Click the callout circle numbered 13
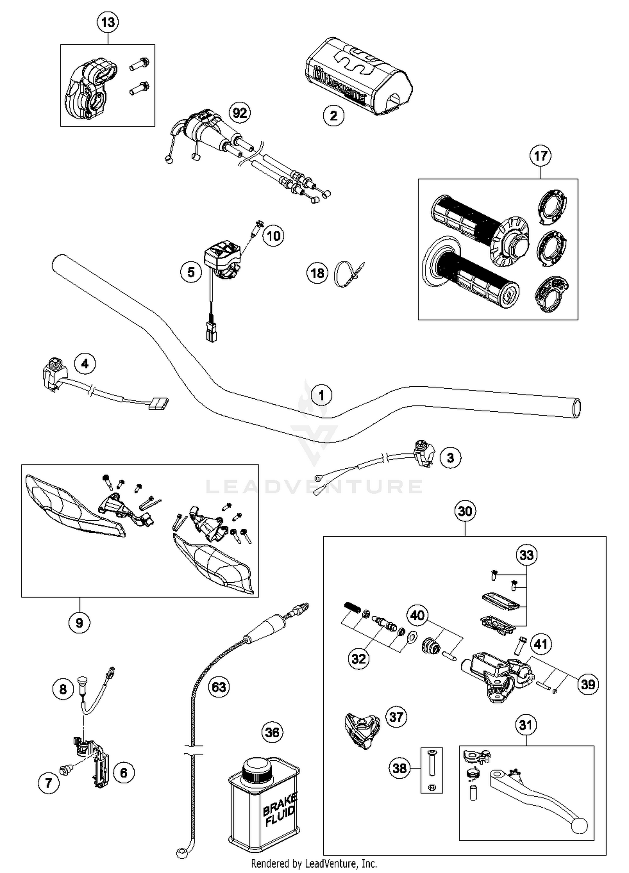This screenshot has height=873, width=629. [x=108, y=22]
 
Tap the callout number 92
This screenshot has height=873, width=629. [x=240, y=113]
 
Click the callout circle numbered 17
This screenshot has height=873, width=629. [x=540, y=156]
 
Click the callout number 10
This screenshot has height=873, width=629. [x=273, y=236]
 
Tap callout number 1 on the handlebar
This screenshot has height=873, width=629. [x=322, y=395]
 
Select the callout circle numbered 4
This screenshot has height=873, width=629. [x=85, y=364]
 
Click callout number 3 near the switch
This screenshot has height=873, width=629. [x=450, y=457]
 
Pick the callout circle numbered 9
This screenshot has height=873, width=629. [x=79, y=623]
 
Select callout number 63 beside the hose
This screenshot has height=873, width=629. [x=219, y=687]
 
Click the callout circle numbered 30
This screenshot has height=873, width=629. [x=465, y=511]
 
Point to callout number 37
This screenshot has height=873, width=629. [x=396, y=717]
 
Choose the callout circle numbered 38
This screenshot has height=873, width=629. [x=400, y=768]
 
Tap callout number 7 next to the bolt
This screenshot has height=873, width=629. [x=48, y=783]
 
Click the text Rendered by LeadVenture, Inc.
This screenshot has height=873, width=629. [x=314, y=864]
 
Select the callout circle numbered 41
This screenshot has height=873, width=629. [x=541, y=643]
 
